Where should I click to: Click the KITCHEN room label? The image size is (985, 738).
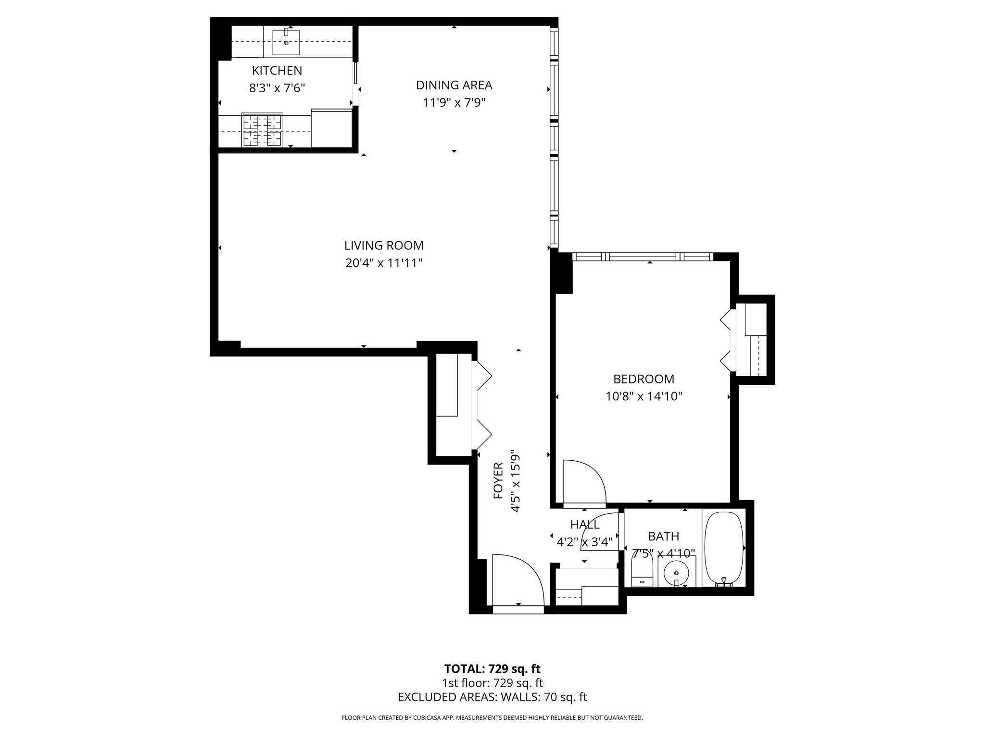[x=277, y=71]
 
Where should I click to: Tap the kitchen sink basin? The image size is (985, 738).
[x=286, y=42]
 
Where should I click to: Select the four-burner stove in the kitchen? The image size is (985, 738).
[x=262, y=130]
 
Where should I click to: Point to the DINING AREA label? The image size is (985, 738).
[x=454, y=85]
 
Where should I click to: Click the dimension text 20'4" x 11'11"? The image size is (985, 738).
[x=384, y=263]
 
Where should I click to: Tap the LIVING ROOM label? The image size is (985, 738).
[x=384, y=246]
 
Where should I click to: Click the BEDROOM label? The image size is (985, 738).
[x=644, y=379]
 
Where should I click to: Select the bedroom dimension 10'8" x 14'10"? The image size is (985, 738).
[x=644, y=397]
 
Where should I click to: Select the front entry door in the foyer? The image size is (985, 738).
[x=518, y=584]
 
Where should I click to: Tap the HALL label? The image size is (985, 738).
[x=584, y=524]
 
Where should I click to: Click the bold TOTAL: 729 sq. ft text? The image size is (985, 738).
[x=492, y=669]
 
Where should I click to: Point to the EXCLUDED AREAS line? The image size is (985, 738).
[x=492, y=697]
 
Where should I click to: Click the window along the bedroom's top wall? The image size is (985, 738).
[x=643, y=257]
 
